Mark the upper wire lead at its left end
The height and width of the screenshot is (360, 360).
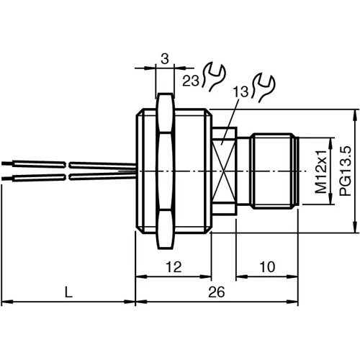[x=4, y=164]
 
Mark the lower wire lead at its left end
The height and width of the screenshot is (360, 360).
[x=4, y=176]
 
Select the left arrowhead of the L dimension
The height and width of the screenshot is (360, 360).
[x=4, y=302]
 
